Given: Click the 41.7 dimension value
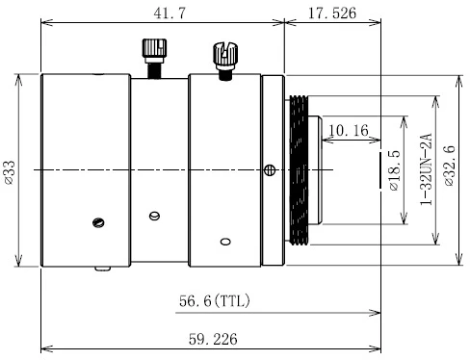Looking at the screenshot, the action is pyautogui.click(x=170, y=13).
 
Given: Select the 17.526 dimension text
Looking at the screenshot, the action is pyautogui.click(x=332, y=13).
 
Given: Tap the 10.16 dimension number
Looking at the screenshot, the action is pyautogui.click(x=349, y=130).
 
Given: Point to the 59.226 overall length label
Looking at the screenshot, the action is pyautogui.click(x=213, y=339).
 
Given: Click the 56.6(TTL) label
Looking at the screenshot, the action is pyautogui.click(x=215, y=301).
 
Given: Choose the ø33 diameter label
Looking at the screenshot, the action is pyautogui.click(x=10, y=172).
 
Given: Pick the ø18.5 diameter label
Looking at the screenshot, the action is pyautogui.click(x=395, y=170).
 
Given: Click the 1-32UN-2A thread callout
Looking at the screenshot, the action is pyautogui.click(x=427, y=169).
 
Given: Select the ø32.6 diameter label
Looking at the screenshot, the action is pyautogui.click(x=450, y=167).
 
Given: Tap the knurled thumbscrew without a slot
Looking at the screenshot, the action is pyautogui.click(x=154, y=58).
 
